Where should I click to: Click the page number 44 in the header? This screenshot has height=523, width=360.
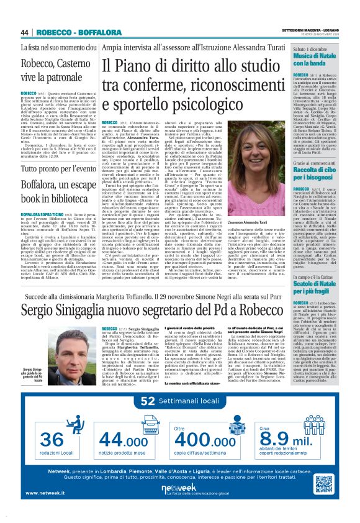tap(24, 32)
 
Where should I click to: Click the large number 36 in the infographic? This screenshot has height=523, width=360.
tap(52, 440)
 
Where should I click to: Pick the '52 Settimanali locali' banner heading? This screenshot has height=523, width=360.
tap(179, 402)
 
